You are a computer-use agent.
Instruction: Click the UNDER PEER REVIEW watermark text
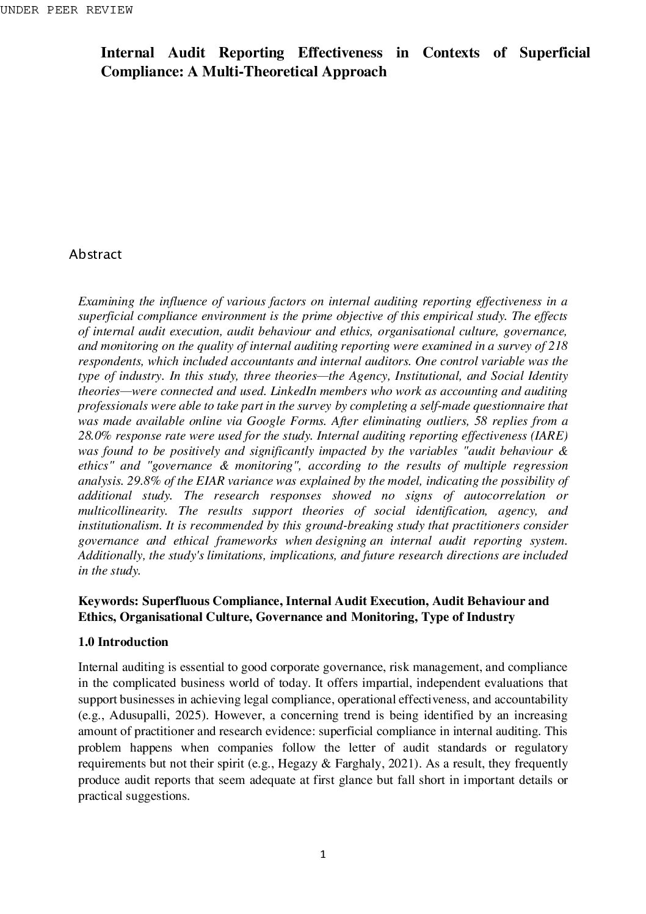point(66,10)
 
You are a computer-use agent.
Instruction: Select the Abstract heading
point(95,255)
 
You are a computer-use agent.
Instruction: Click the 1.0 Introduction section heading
point(123,642)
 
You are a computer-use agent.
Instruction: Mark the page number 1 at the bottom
point(323,855)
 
